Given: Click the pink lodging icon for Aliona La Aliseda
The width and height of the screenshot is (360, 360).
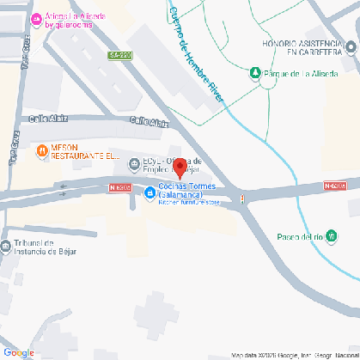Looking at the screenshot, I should (x=35, y=20).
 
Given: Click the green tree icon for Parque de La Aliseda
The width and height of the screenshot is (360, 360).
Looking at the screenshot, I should (x=254, y=73).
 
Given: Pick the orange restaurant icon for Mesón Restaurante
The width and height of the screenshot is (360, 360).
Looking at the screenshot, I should (x=42, y=151).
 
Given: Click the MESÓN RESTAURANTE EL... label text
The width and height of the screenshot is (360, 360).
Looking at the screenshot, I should (x=85, y=151).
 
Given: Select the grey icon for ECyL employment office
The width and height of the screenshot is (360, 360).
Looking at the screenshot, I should (x=133, y=164).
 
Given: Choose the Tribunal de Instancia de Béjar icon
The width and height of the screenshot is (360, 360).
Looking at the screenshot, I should (x=6, y=247).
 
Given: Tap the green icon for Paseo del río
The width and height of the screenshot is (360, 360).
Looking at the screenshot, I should (x=332, y=236).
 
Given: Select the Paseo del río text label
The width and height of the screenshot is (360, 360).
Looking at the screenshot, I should (x=300, y=237).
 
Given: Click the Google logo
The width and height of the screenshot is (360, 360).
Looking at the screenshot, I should (x=18, y=352).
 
